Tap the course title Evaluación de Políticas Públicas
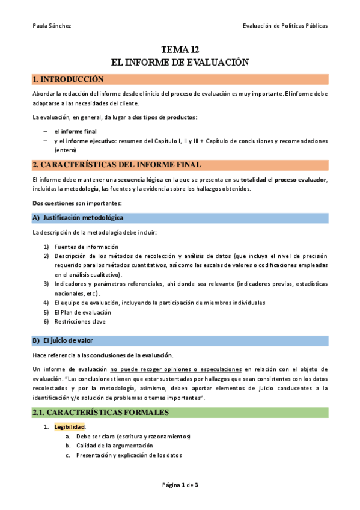click(x=285, y=26)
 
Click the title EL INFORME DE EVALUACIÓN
click(x=180, y=62)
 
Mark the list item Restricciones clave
click(x=81, y=322)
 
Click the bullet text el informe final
click(x=75, y=131)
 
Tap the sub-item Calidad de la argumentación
click(x=114, y=446)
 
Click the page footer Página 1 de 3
click(x=180, y=485)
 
